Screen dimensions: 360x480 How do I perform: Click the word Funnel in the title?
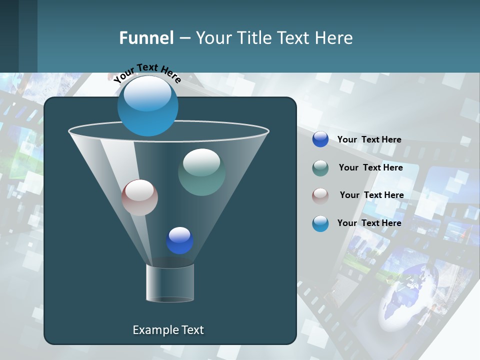[x=146, y=38]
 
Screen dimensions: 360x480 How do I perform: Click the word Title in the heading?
[x=254, y=38]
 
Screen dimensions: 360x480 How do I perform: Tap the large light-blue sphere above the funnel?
[x=148, y=105]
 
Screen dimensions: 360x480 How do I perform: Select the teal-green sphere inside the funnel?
[x=201, y=172]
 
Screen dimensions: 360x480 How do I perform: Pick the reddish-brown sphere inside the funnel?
[x=140, y=197]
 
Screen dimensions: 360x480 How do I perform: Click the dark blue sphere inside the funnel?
[x=179, y=240]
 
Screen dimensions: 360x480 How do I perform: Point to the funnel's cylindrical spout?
[x=170, y=282]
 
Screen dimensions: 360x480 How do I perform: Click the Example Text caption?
[x=168, y=330]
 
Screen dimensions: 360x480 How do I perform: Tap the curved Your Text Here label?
[x=147, y=73]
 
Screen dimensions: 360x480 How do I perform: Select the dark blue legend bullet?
[x=320, y=139]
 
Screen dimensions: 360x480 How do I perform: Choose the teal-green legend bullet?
[x=320, y=168]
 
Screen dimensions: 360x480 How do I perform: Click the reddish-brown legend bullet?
[x=320, y=195]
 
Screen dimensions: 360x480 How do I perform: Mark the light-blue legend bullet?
[x=320, y=223]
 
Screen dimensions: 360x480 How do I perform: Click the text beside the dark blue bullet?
[x=369, y=139]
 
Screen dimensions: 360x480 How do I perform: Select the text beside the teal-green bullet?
[x=371, y=167]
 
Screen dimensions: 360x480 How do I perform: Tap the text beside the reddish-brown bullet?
[x=372, y=195]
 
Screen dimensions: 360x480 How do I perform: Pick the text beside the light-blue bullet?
[x=369, y=223]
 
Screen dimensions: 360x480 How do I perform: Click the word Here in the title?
[x=334, y=38]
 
